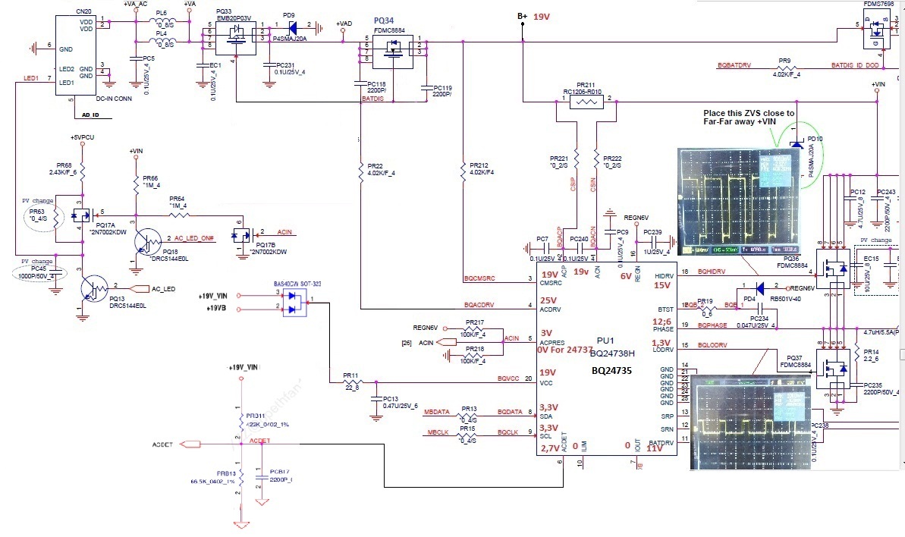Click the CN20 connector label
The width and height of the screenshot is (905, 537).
[63, 13]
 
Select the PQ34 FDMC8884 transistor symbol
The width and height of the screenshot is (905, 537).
[392, 49]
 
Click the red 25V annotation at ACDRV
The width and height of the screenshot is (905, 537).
[548, 301]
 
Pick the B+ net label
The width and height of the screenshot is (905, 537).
[522, 16]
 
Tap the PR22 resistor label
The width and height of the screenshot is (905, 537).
[372, 166]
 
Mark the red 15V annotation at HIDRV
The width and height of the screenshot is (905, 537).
[661, 285]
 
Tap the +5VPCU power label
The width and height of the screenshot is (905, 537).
[81, 137]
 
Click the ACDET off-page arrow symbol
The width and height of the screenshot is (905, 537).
[190, 444]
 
